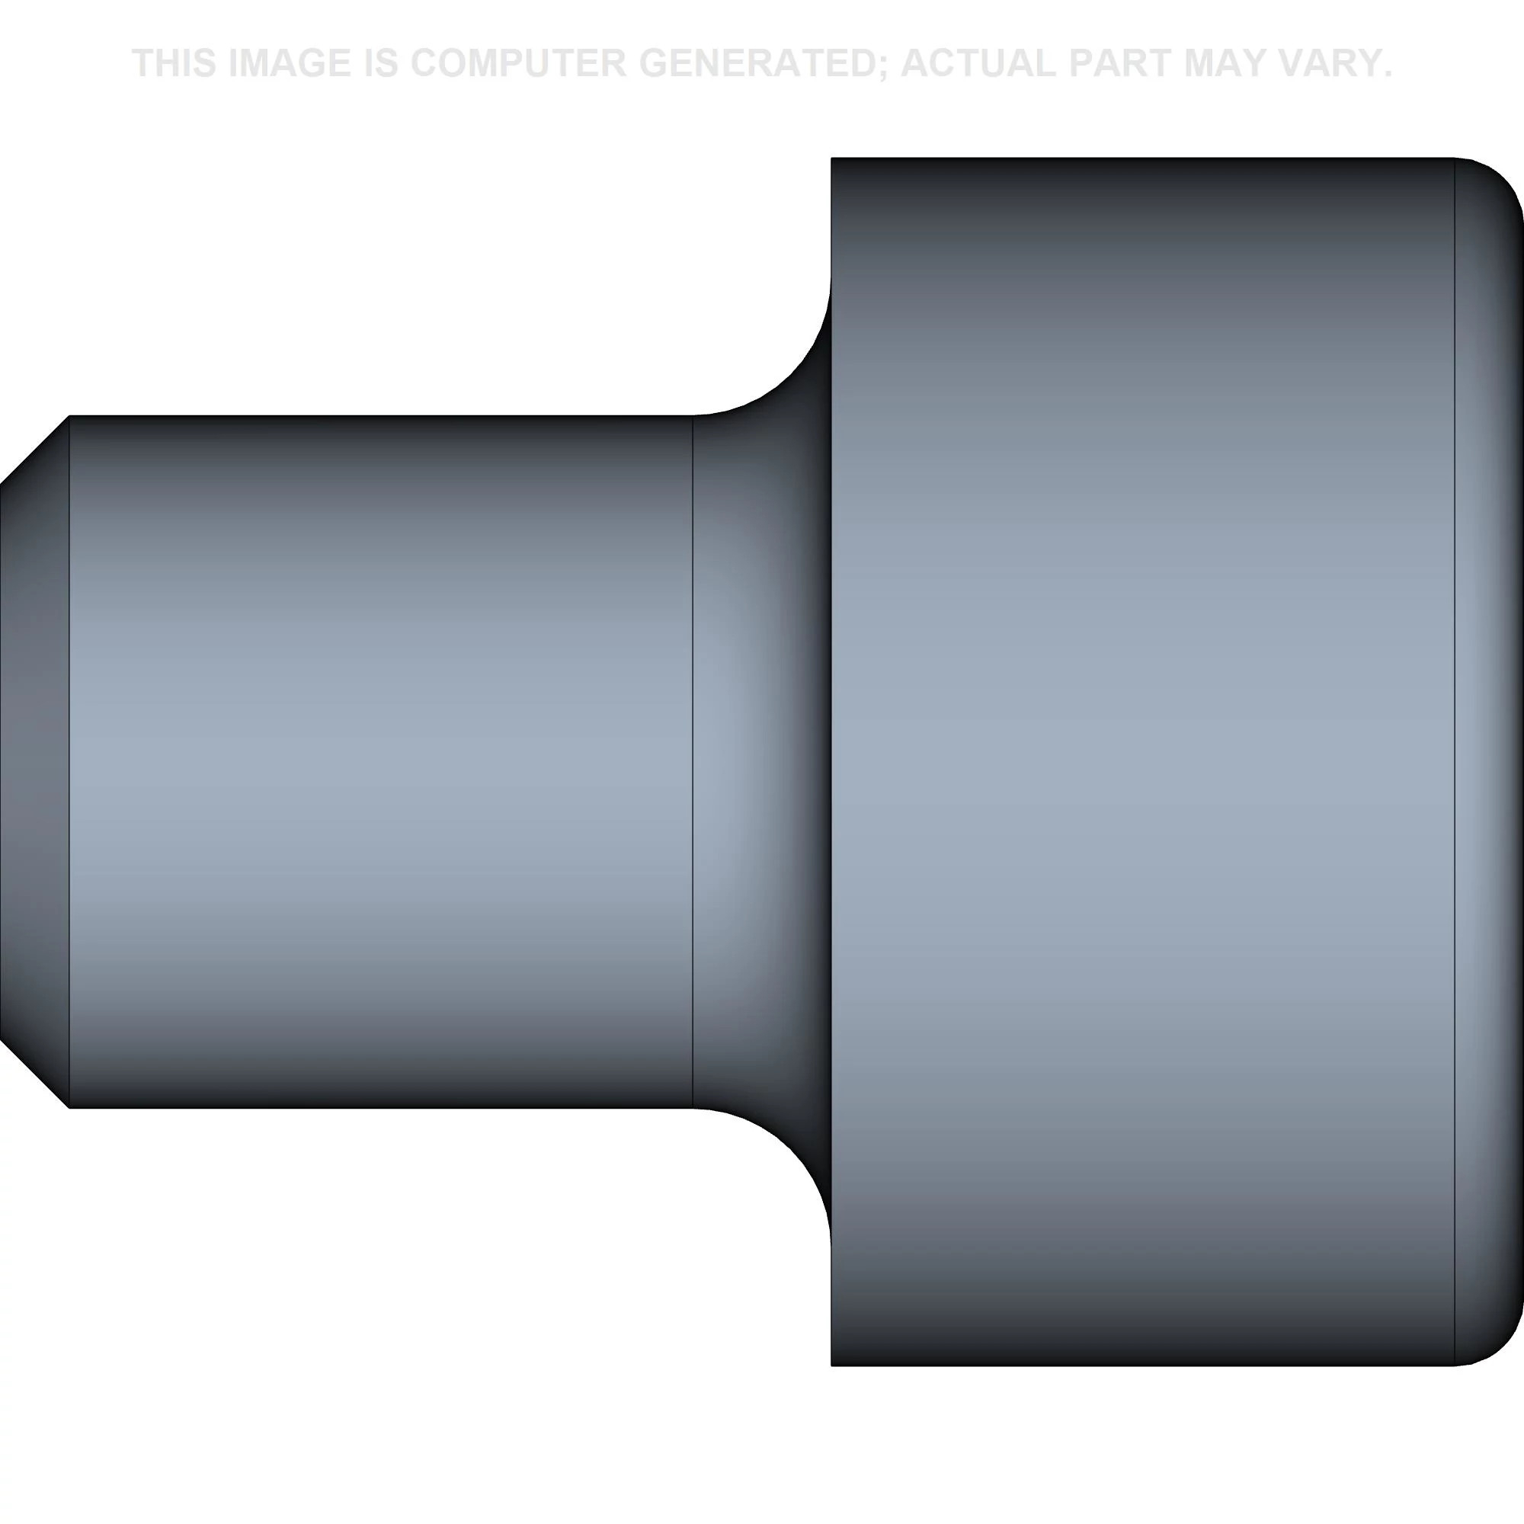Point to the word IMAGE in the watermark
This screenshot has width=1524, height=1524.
pyautogui.click(x=290, y=63)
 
